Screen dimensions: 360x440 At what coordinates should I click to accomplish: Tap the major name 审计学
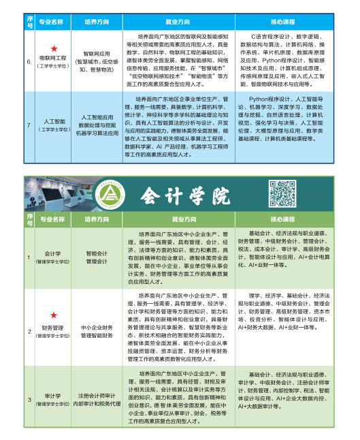coord(53,395)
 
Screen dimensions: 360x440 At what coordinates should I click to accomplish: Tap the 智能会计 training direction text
coord(97,253)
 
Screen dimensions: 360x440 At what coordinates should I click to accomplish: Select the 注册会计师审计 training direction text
coord(97,395)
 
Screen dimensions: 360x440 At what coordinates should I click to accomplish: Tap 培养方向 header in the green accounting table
coord(97,220)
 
